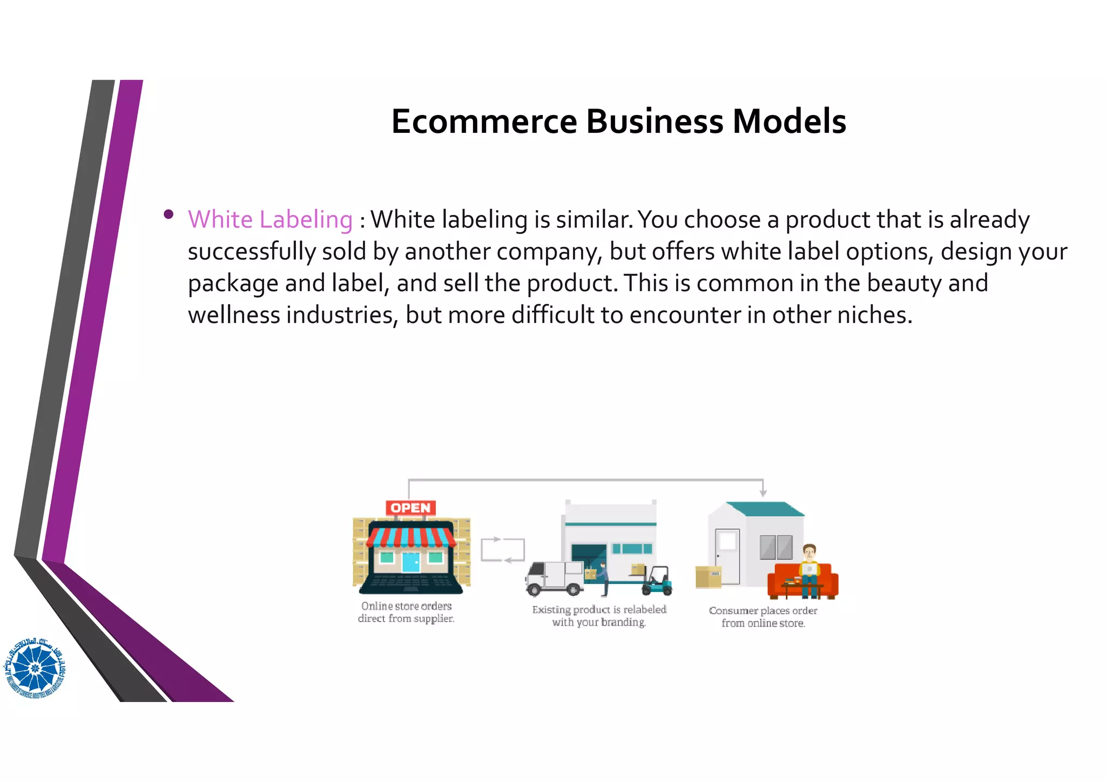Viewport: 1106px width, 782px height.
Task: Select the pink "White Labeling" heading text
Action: [270, 220]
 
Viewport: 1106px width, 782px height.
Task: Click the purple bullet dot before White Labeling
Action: [168, 214]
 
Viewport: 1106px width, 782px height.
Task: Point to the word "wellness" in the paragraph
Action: [233, 315]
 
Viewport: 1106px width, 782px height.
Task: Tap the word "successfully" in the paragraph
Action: [251, 252]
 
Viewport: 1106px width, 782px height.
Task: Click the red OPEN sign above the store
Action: [410, 508]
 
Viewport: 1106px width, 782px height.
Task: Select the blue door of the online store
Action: [410, 562]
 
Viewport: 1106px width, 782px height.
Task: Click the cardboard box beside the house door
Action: [708, 576]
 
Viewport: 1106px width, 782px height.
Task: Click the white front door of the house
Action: [727, 556]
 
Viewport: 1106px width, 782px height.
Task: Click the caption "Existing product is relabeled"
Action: [599, 610]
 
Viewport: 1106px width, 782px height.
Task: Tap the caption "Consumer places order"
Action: [763, 611]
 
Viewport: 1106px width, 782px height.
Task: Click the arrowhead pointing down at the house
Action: [763, 493]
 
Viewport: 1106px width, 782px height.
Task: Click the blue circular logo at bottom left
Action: [35, 668]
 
